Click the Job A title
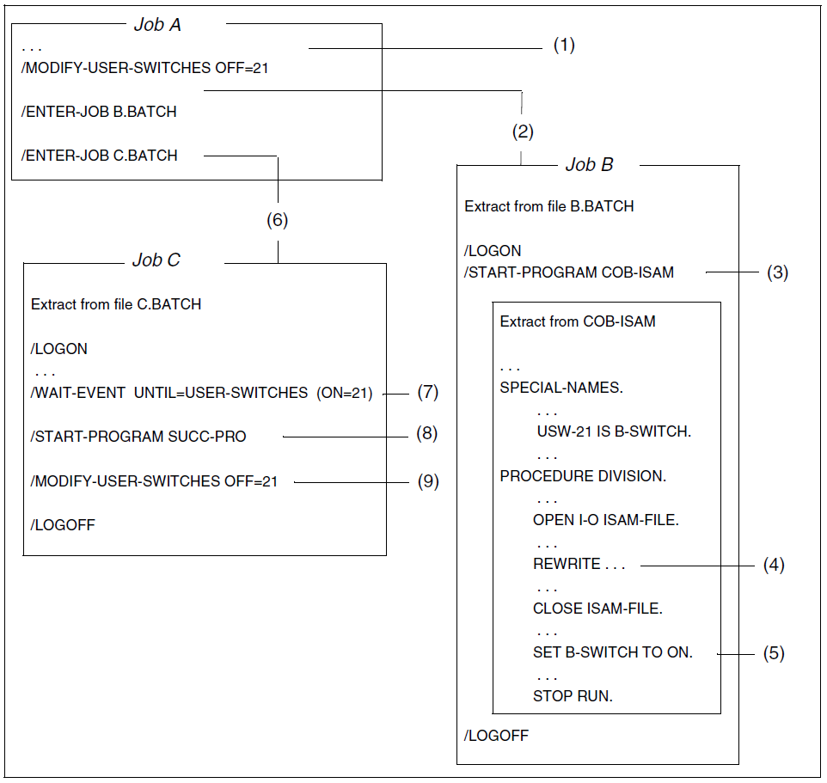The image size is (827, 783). pos(157,25)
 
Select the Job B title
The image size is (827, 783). pos(589,165)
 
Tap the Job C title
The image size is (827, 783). pos(156,260)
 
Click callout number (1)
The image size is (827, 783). pos(563,46)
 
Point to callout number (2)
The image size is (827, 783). pos(523,132)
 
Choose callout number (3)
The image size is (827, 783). pos(777,272)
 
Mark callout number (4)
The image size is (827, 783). pos(774,566)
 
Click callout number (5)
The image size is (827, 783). pos(774,653)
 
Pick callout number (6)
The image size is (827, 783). pos(277,220)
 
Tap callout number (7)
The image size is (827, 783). pos(428,392)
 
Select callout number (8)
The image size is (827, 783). pos(427,434)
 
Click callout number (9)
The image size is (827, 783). pos(427,481)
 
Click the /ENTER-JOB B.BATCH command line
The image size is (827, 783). pos(100,112)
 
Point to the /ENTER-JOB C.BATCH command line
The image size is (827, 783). pos(100,156)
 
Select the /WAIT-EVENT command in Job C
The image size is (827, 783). pos(201,393)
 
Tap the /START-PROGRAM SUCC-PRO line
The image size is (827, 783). pos(138,437)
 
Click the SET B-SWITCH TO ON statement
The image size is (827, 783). pos(612,652)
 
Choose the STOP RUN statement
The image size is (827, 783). pos(573,696)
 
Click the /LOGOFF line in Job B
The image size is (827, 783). pos(497,736)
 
